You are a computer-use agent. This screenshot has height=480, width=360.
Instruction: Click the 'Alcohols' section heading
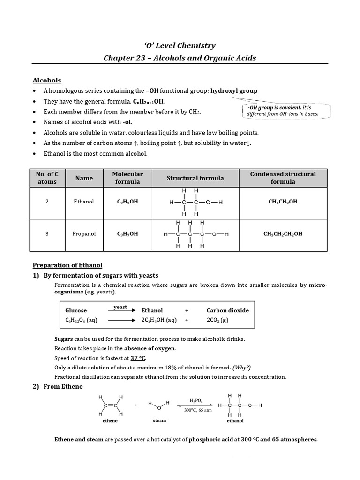46,81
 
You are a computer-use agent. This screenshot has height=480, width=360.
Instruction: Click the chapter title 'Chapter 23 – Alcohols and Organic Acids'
180,58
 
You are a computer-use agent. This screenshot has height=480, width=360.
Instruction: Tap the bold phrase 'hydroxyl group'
234,90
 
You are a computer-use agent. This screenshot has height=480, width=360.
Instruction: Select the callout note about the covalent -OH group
286,111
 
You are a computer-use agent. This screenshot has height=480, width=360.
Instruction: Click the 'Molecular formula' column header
127,178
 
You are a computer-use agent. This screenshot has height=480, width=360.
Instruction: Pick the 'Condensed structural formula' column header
283,178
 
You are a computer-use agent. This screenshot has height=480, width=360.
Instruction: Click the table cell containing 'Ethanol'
84,202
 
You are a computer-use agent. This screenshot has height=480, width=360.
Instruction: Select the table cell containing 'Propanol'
84,233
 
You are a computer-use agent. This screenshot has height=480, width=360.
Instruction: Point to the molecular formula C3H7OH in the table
127,233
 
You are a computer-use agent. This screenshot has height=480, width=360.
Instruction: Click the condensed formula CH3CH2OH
283,202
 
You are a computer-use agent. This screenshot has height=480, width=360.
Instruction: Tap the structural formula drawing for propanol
195,233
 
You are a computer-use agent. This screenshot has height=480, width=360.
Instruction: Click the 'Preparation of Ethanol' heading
67,265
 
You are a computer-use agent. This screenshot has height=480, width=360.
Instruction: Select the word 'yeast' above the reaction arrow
120,307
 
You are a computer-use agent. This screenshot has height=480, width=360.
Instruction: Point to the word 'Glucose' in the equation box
76,310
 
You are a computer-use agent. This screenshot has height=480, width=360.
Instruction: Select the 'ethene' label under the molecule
110,420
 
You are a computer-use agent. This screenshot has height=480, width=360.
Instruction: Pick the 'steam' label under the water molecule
159,420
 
